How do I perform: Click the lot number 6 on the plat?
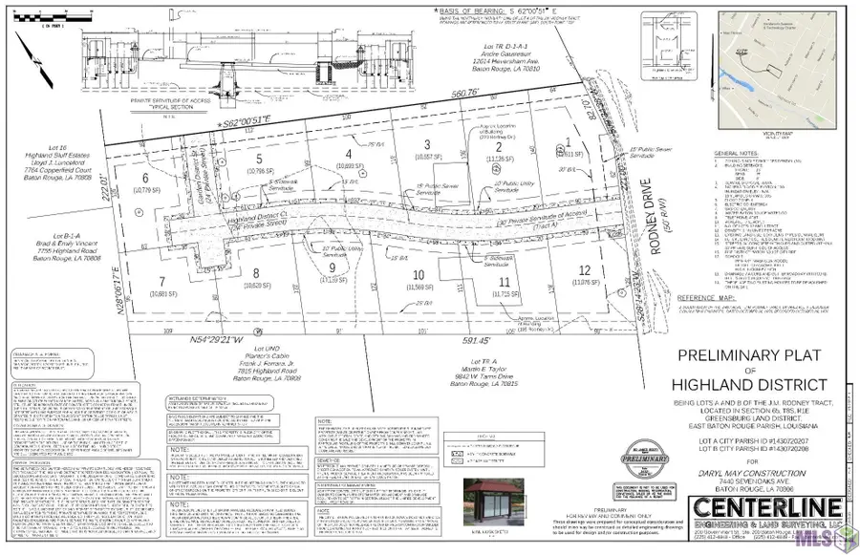(146, 179)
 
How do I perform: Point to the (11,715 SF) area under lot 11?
(504, 295)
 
